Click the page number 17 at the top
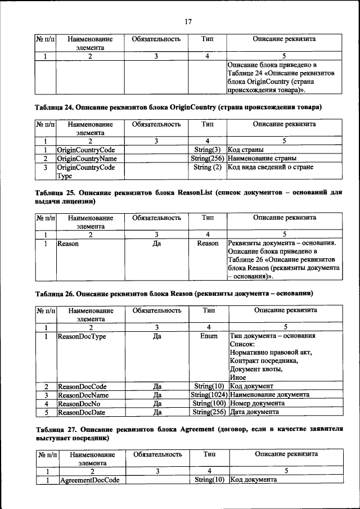pos(187,21)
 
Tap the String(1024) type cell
pos(209,395)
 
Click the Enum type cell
pos(208,336)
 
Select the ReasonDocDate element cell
pos(82,412)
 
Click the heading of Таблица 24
pos(186,107)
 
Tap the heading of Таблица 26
pos(174,294)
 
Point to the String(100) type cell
pos(209,403)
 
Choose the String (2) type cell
pos(207,167)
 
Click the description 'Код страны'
pos(246,150)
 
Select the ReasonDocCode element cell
pos(82,386)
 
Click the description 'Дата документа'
pos(254,412)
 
